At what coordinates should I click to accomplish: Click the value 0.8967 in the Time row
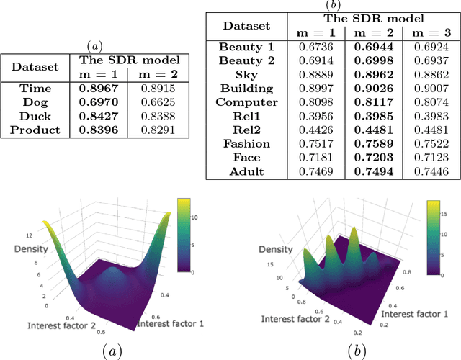pos(100,88)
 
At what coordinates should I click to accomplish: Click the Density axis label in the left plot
pos(32,248)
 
